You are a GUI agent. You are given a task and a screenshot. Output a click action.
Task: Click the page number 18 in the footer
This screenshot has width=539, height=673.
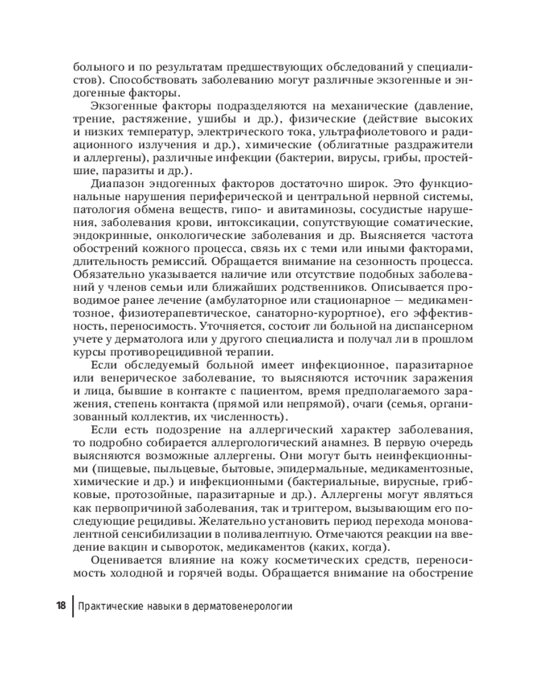(60, 605)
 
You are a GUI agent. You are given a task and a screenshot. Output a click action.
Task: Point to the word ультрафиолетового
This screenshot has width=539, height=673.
(379, 132)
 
